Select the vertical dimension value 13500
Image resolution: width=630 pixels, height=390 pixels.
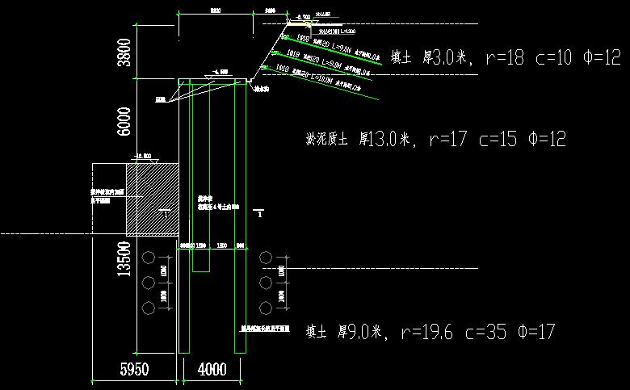tap(124, 260)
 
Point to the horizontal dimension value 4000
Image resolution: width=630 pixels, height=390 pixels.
tap(212, 370)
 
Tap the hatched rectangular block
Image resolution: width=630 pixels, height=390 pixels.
tap(152, 199)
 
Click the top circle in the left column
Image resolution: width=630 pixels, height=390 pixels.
tap(148, 258)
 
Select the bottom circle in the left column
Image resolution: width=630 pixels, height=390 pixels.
tap(148, 308)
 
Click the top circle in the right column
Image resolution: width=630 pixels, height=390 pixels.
tap(267, 258)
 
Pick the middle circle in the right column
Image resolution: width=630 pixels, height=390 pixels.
tap(267, 283)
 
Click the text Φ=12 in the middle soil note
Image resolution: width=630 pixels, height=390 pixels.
tap(546, 139)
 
